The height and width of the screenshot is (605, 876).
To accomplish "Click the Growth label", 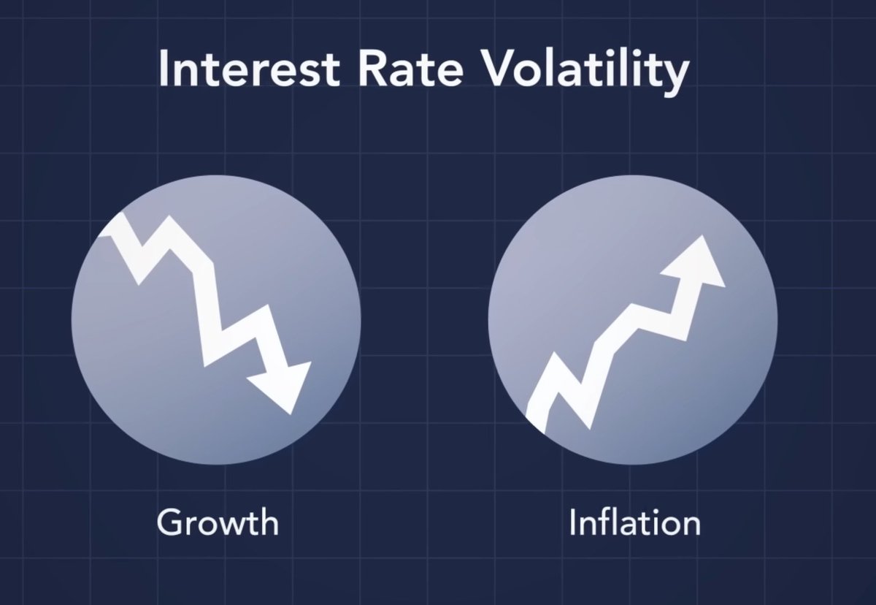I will [x=217, y=522].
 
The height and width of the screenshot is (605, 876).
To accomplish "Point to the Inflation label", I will [x=634, y=522].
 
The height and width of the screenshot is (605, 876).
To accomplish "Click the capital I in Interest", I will [x=164, y=69].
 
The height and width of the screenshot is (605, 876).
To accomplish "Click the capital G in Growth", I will [x=171, y=522].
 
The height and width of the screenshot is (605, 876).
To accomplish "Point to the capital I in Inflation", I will [x=574, y=522].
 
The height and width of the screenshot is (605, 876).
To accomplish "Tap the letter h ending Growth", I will [x=268, y=522].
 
